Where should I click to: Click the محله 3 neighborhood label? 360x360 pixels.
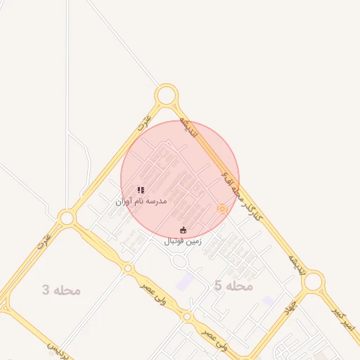[x=62, y=290]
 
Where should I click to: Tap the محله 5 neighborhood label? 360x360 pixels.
[x=233, y=285]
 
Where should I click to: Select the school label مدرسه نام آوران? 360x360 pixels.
[x=141, y=201]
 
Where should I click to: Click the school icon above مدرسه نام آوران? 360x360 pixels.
[x=141, y=190]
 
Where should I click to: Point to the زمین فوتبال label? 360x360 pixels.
[x=184, y=241]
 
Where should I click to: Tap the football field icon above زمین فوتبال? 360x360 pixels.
[x=184, y=230]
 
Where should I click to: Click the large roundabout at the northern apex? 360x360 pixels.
[x=166, y=95]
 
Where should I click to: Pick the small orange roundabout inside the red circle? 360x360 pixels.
[x=222, y=208]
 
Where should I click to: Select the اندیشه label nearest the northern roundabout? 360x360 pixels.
[x=189, y=126]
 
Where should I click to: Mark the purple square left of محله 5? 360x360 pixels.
[x=184, y=282]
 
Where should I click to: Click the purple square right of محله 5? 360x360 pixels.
[x=268, y=300]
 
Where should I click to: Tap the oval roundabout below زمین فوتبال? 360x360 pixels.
[x=180, y=262]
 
